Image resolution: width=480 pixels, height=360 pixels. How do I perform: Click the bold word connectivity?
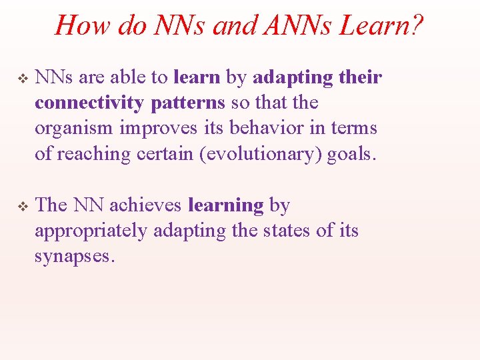pyautogui.click(x=90, y=103)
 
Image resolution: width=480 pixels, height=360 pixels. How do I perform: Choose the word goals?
pyautogui.click(x=352, y=154)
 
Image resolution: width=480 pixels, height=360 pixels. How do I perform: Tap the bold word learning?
pyautogui.click(x=226, y=205)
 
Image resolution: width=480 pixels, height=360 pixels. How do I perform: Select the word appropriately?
pyautogui.click(x=91, y=231)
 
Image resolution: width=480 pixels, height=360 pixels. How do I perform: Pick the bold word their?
pyautogui.click(x=360, y=78)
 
